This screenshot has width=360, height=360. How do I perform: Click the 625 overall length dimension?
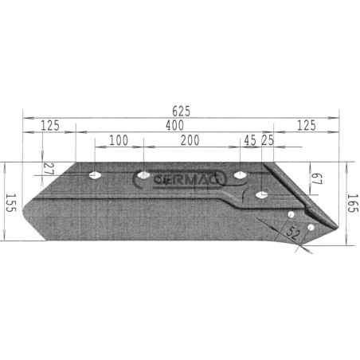point(182,112)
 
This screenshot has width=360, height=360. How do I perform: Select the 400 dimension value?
point(174,125)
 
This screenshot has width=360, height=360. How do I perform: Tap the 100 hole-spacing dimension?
point(119,140)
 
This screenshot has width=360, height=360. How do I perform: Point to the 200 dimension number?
point(190,140)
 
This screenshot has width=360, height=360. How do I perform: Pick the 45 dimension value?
point(250,140)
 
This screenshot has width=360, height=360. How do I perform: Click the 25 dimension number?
point(268,140)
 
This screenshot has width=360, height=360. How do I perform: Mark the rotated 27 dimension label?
point(49,169)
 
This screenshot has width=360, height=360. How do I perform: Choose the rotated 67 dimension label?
point(316,179)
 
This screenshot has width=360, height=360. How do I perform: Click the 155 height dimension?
point(10,203)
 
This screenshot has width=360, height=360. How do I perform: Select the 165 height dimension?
point(353,203)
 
